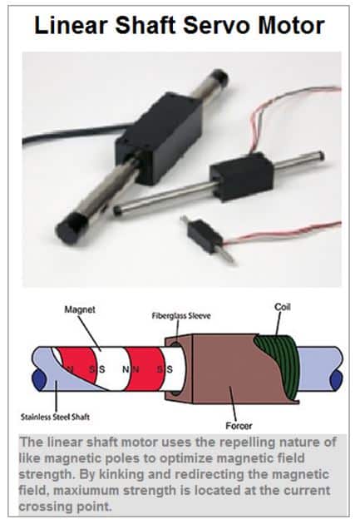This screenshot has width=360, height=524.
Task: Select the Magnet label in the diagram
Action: click(x=80, y=309)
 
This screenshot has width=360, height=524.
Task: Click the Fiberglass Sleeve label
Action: click(x=181, y=316)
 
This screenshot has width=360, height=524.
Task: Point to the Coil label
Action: click(x=283, y=307)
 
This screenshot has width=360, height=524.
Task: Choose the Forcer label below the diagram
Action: click(x=239, y=426)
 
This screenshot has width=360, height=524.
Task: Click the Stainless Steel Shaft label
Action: click(x=55, y=417)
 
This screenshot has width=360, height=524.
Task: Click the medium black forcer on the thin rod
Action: click(x=241, y=175)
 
